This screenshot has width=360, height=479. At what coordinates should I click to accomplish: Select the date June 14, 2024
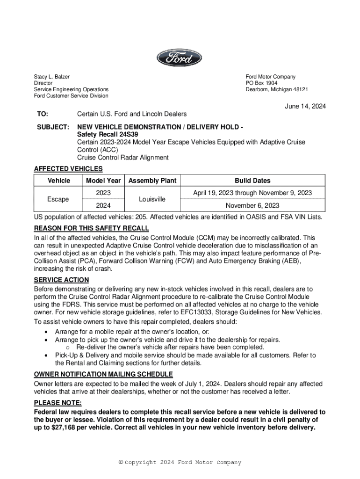(305, 106)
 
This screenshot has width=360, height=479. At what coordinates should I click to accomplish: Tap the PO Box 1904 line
(261, 83)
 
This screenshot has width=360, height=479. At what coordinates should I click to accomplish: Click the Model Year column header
(103, 181)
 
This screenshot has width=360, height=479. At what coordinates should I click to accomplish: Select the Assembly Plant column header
(152, 181)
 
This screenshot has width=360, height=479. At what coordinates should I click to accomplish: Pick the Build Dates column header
(252, 181)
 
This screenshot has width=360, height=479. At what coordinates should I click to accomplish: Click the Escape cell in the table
(58, 199)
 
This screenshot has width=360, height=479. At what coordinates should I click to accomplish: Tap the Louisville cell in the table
(152, 199)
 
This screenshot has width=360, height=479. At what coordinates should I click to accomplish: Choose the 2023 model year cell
(103, 193)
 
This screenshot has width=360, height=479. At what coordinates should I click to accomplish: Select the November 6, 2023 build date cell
(252, 205)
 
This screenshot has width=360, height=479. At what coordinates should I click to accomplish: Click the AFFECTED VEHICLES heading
(68, 169)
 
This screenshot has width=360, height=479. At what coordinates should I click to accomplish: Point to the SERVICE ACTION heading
(61, 280)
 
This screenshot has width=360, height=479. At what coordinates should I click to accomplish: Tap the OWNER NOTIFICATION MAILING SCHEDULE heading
(103, 374)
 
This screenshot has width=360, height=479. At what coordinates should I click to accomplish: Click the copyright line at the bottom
(180, 463)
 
